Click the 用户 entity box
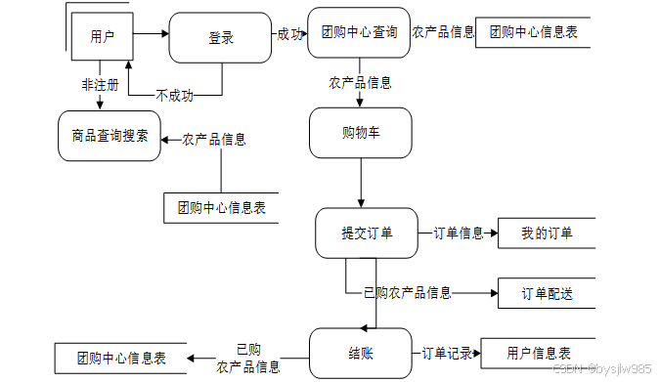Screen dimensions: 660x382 pyautogui.click(x=103, y=36)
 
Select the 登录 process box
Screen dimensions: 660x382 pyautogui.click(x=220, y=38)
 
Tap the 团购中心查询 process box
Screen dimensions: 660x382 pyautogui.click(x=359, y=32)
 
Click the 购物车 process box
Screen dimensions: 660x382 pyautogui.click(x=361, y=133)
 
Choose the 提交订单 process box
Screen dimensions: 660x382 pyautogui.click(x=367, y=233)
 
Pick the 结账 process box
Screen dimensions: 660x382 pyautogui.click(x=361, y=354)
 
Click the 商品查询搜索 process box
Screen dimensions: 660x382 pyautogui.click(x=110, y=136)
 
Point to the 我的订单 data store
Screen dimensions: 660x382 pyautogui.click(x=547, y=233)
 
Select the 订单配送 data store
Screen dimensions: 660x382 pyautogui.click(x=547, y=293)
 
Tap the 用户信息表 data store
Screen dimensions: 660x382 pyautogui.click(x=539, y=354)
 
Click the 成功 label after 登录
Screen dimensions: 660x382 pyautogui.click(x=289, y=34)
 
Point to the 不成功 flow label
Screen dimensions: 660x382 pyautogui.click(x=174, y=96)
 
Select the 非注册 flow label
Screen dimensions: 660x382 pyautogui.click(x=100, y=85)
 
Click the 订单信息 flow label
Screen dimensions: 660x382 pyautogui.click(x=459, y=233)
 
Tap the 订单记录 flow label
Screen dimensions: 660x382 pyautogui.click(x=447, y=354)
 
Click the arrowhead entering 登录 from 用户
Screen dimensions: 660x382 pyautogui.click(x=165, y=33)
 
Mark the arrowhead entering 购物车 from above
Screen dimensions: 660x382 pyautogui.click(x=360, y=104)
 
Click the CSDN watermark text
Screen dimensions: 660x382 pyautogui.click(x=602, y=369)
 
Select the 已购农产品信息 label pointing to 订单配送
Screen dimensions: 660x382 pyautogui.click(x=408, y=293)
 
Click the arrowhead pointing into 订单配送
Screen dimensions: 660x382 pyautogui.click(x=494, y=293)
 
